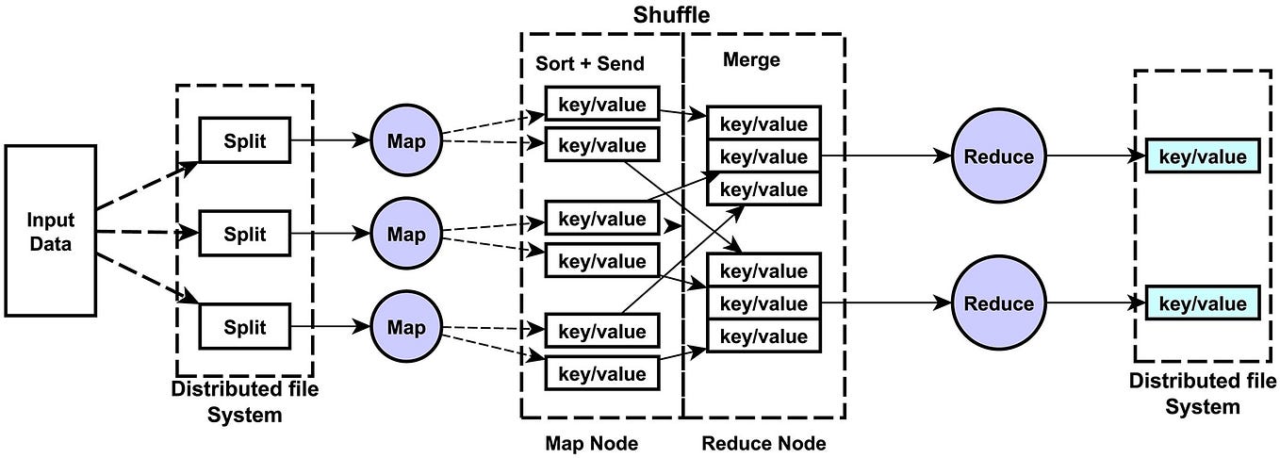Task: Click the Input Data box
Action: click(50, 230)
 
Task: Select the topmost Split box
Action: click(244, 140)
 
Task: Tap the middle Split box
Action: click(244, 234)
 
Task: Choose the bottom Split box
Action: click(244, 327)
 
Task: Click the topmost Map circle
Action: click(406, 141)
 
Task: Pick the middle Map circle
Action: click(406, 233)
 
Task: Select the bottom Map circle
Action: click(406, 327)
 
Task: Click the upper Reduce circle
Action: click(999, 156)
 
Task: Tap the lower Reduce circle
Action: click(999, 303)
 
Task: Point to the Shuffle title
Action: click(670, 15)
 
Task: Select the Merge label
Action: click(751, 60)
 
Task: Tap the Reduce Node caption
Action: click(763, 442)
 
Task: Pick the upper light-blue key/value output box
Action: click(1202, 156)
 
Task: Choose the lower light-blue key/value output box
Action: click(1202, 303)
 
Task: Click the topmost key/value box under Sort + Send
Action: click(601, 104)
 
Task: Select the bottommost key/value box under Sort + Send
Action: click(601, 373)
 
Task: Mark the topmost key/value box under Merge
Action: click(763, 123)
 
